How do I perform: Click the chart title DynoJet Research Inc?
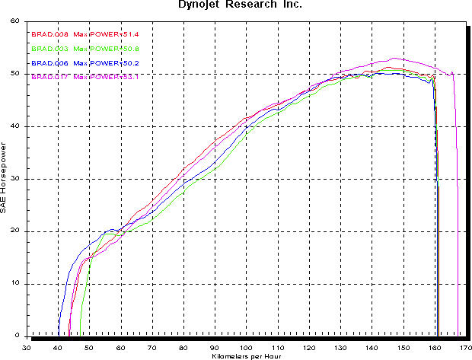click(235, 5)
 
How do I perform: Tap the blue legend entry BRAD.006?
click(47, 62)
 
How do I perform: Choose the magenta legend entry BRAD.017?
click(47, 76)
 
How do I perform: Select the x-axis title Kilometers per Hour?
click(247, 355)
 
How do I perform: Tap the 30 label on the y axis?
click(15, 179)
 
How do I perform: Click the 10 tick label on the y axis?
click(15, 284)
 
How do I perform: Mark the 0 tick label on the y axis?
click(18, 336)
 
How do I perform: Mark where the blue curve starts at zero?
click(58, 336)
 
